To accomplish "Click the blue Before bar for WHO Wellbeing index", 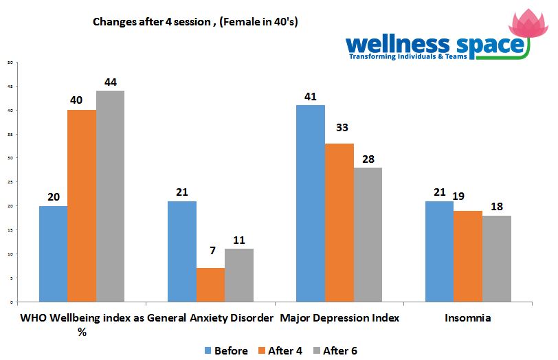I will click(53, 254).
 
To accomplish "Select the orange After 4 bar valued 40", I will click(82, 205).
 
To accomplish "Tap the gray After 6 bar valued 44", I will click(110, 196).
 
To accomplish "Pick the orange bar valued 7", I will click(210, 284).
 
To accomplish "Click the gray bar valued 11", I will click(238, 275).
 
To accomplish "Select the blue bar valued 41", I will click(310, 203).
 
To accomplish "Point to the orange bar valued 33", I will click(339, 223).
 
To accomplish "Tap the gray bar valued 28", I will click(368, 234).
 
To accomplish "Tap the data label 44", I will click(110, 82).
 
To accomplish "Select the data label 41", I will click(310, 96).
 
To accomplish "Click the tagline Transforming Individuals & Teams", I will click(408, 56).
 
